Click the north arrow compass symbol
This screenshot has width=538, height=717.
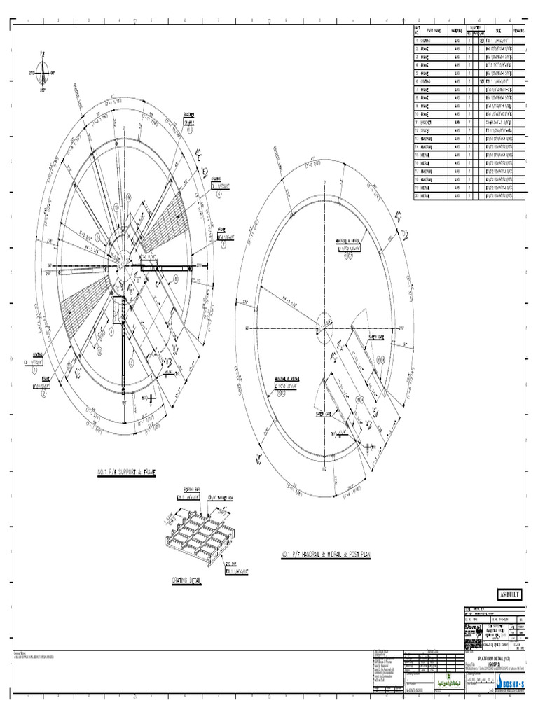44,71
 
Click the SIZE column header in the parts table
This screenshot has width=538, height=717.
498,31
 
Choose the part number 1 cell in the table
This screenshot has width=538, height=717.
417,41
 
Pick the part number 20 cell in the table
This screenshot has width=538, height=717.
417,196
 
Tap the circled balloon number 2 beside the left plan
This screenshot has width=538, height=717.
43,394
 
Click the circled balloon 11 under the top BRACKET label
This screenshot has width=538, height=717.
189,130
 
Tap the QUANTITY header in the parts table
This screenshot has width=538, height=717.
480,27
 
